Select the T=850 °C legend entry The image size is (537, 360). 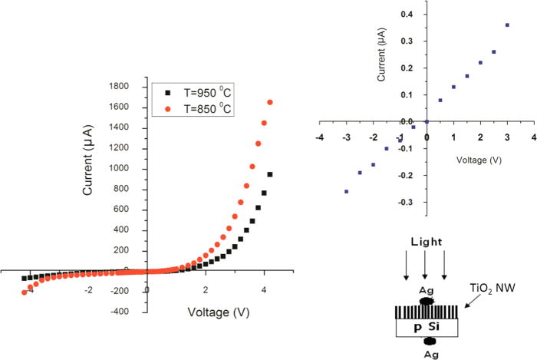(194, 108)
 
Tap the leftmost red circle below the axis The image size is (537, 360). (25, 292)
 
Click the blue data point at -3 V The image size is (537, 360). (347, 191)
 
